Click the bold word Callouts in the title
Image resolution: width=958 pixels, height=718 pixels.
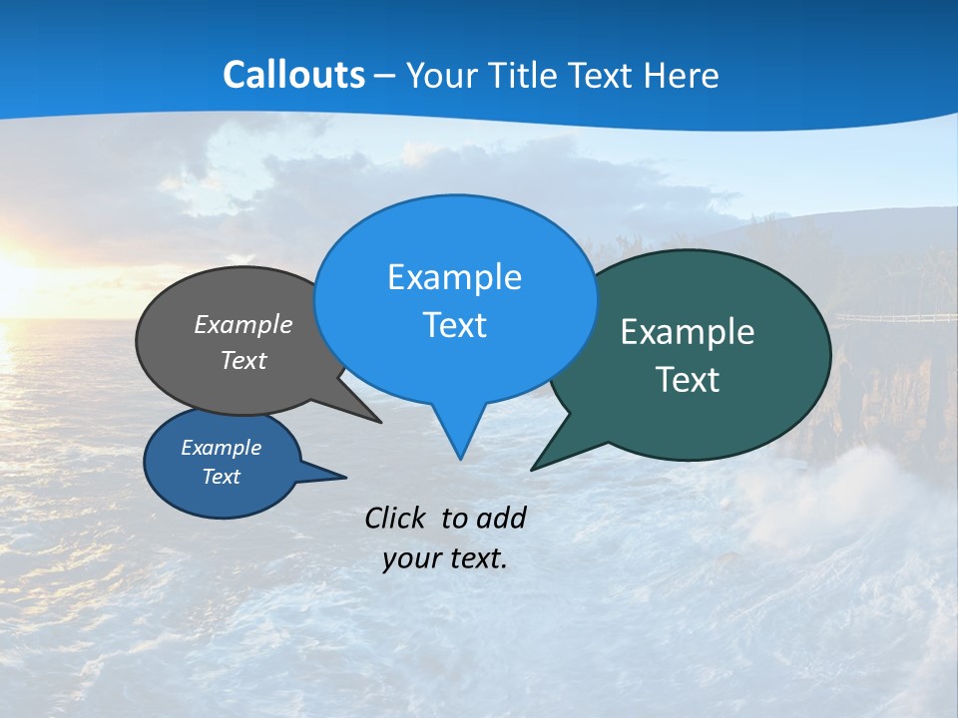coord(293,75)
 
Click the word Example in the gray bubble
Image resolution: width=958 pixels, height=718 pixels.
coord(242,324)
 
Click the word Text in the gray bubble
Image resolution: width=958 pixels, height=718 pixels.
coord(242,360)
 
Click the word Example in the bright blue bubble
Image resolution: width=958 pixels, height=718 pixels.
coord(454,277)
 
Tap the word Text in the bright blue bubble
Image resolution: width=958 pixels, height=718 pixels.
coord(454,325)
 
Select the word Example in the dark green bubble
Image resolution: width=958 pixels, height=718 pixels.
coord(687,332)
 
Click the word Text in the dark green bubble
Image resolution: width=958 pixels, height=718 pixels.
coord(687,380)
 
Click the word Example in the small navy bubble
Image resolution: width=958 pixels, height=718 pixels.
coord(221,448)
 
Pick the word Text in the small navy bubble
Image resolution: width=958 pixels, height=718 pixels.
coord(221,477)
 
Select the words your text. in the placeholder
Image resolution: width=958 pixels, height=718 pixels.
coord(444,558)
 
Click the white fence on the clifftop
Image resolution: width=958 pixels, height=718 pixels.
coord(898,318)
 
